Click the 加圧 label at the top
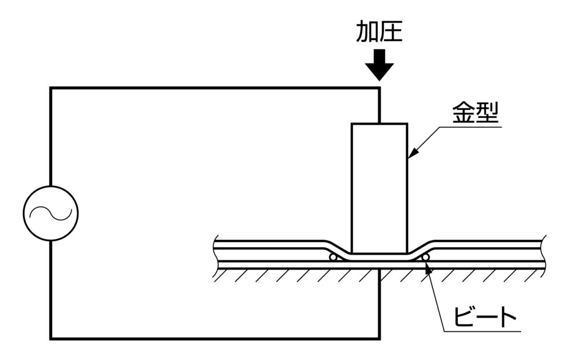pyautogui.click(x=379, y=31)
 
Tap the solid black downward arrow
pyautogui.click(x=379, y=65)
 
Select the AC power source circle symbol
pyautogui.click(x=51, y=213)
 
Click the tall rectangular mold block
pyautogui.click(x=379, y=188)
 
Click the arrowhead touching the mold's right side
pyautogui.click(x=411, y=155)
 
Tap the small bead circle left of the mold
pyautogui.click(x=332, y=258)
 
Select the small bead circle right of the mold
pyautogui.click(x=426, y=258)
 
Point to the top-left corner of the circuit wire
pyautogui.click(x=51, y=88)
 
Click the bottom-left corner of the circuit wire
pyautogui.click(x=51, y=338)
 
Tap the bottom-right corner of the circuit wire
pyautogui.click(x=379, y=338)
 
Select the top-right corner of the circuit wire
pyautogui.click(x=379, y=88)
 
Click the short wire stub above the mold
pyautogui.click(x=379, y=106)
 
